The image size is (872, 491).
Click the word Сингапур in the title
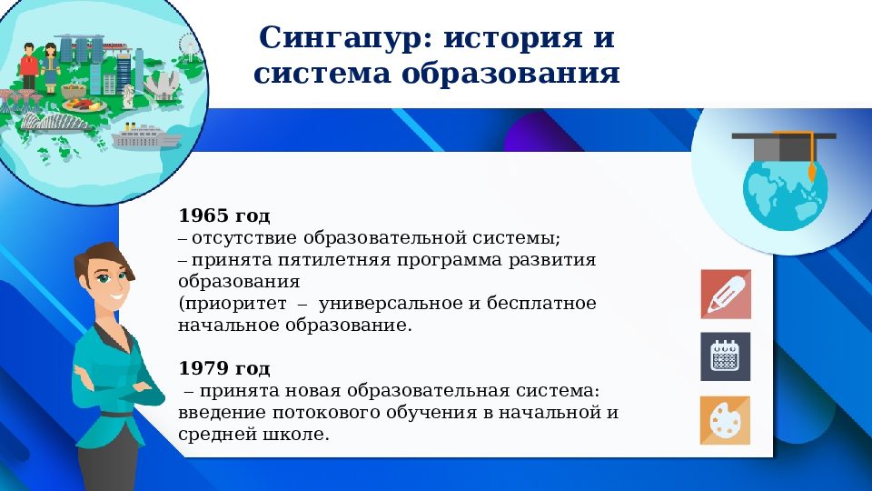[337, 39]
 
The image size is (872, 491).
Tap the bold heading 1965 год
[224, 215]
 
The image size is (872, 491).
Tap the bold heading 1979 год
[224, 368]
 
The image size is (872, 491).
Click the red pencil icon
[725, 294]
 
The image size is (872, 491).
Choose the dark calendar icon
[725, 356]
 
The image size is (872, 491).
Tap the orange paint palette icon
[725, 420]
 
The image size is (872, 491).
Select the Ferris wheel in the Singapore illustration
[189, 44]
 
